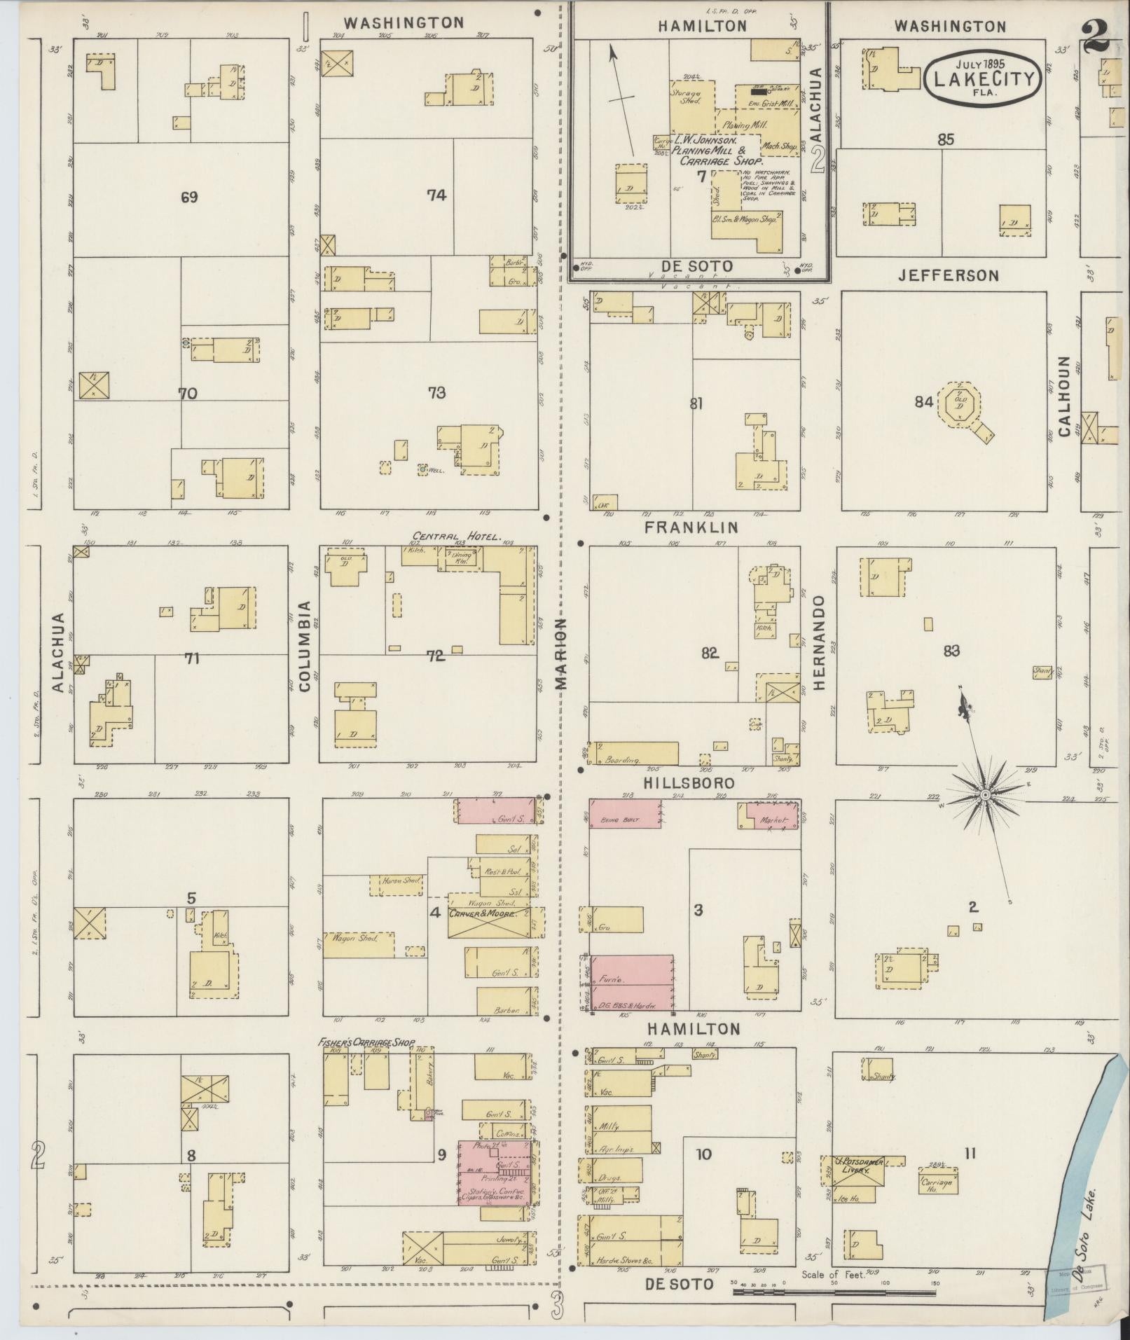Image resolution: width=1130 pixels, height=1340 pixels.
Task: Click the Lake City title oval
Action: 983,78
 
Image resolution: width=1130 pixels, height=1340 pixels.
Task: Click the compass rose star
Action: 984,794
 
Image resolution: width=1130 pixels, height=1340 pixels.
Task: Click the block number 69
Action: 188,197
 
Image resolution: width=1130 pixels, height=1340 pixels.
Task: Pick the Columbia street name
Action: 305,646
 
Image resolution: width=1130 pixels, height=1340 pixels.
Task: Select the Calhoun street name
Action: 1065,396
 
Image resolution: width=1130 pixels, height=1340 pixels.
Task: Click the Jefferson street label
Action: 949,276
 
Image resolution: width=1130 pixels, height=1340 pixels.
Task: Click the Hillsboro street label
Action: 690,782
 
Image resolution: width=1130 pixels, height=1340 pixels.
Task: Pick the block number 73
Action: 436,393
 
